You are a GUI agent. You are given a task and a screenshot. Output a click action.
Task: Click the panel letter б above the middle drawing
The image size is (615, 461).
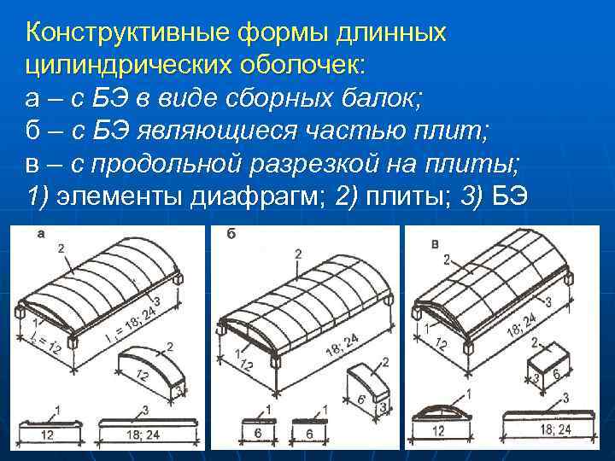click(x=231, y=233)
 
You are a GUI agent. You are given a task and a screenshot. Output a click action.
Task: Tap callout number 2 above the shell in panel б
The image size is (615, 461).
click(x=296, y=254)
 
